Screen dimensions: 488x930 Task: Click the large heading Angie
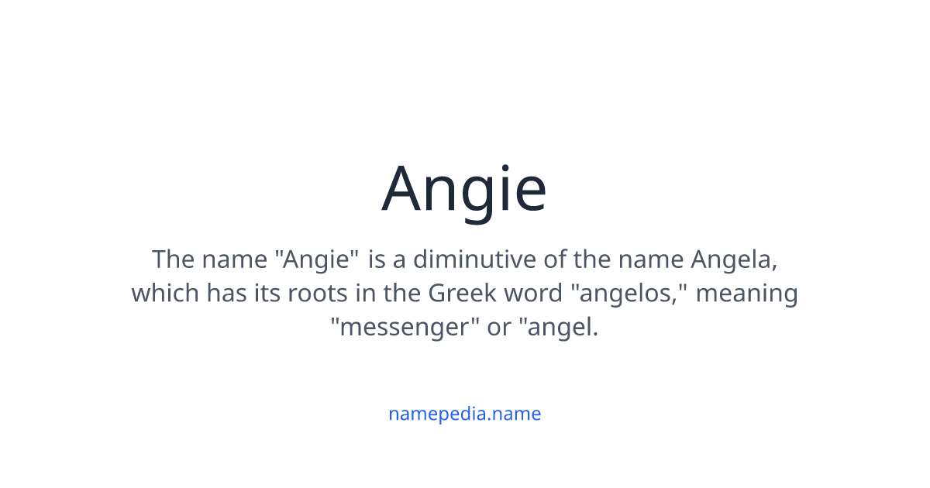pyautogui.click(x=464, y=190)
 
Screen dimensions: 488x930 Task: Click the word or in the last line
pyautogui.click(x=499, y=328)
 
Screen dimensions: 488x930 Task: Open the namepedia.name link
pyautogui.click(x=464, y=414)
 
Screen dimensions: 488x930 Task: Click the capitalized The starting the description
pyautogui.click(x=174, y=259)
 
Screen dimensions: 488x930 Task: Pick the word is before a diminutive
pyautogui.click(x=377, y=259)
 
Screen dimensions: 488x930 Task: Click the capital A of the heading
pyautogui.click(x=407, y=190)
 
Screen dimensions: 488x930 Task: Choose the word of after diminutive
pyautogui.click(x=556, y=259)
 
